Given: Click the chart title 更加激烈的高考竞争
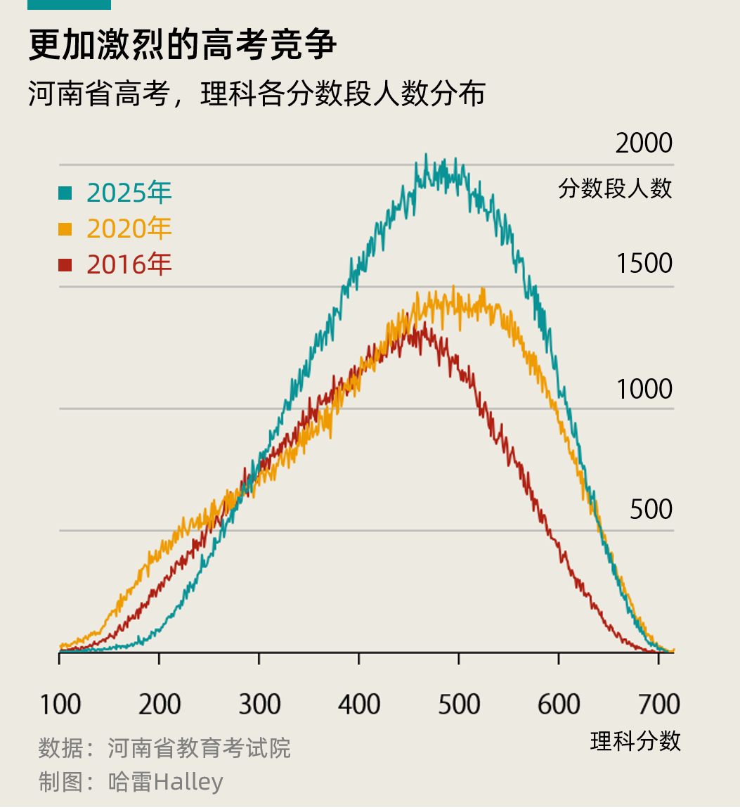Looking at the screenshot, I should click(183, 45).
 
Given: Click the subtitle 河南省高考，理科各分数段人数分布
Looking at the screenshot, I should click(257, 94).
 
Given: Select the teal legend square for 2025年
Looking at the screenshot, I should click(65, 192).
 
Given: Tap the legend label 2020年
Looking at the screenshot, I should click(129, 229).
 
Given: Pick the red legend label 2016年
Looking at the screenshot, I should click(129, 264).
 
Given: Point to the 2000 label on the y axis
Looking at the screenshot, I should click(644, 143).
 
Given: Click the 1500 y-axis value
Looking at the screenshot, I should click(644, 264).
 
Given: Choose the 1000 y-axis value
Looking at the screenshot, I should click(644, 389).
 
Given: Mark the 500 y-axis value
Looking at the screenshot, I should click(651, 509).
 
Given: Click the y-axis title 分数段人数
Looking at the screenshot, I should click(615, 188).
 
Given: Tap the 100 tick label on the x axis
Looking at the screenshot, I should click(60, 704).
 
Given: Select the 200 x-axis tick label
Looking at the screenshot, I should click(160, 704).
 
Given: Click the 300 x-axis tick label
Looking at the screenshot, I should click(259, 704).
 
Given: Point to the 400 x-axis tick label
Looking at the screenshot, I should click(359, 704).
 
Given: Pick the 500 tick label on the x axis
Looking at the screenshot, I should click(459, 704).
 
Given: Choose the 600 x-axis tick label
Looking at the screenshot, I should click(559, 704).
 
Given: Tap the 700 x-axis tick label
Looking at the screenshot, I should click(658, 704).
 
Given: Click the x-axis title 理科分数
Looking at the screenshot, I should click(635, 741).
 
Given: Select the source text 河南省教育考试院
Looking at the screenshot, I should click(199, 748).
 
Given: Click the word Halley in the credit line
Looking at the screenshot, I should click(188, 782).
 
